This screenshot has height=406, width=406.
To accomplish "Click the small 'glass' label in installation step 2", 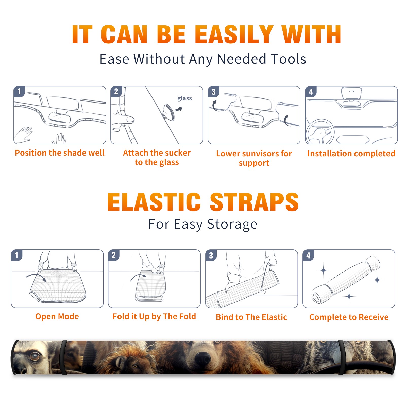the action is click(x=184, y=98).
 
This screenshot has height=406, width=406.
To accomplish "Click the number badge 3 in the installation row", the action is click(x=214, y=92).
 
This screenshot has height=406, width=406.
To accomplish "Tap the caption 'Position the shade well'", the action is click(x=60, y=153).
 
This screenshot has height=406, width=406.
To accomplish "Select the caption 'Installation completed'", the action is click(x=351, y=154).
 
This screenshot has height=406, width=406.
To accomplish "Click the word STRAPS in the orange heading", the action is click(x=254, y=202).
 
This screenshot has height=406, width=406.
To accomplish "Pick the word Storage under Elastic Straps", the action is click(x=232, y=224).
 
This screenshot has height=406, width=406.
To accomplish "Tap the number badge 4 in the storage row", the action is click(x=308, y=255).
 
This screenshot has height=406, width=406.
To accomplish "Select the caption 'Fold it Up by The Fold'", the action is click(x=154, y=316).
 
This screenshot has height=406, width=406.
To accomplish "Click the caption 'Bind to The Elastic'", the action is click(x=251, y=317).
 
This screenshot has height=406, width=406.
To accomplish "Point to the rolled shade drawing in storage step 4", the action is click(x=346, y=280).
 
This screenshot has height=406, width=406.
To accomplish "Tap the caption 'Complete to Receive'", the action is click(x=349, y=317).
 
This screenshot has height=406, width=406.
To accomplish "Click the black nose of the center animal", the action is click(x=202, y=358).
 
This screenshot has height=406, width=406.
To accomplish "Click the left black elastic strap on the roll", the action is click(x=64, y=357).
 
